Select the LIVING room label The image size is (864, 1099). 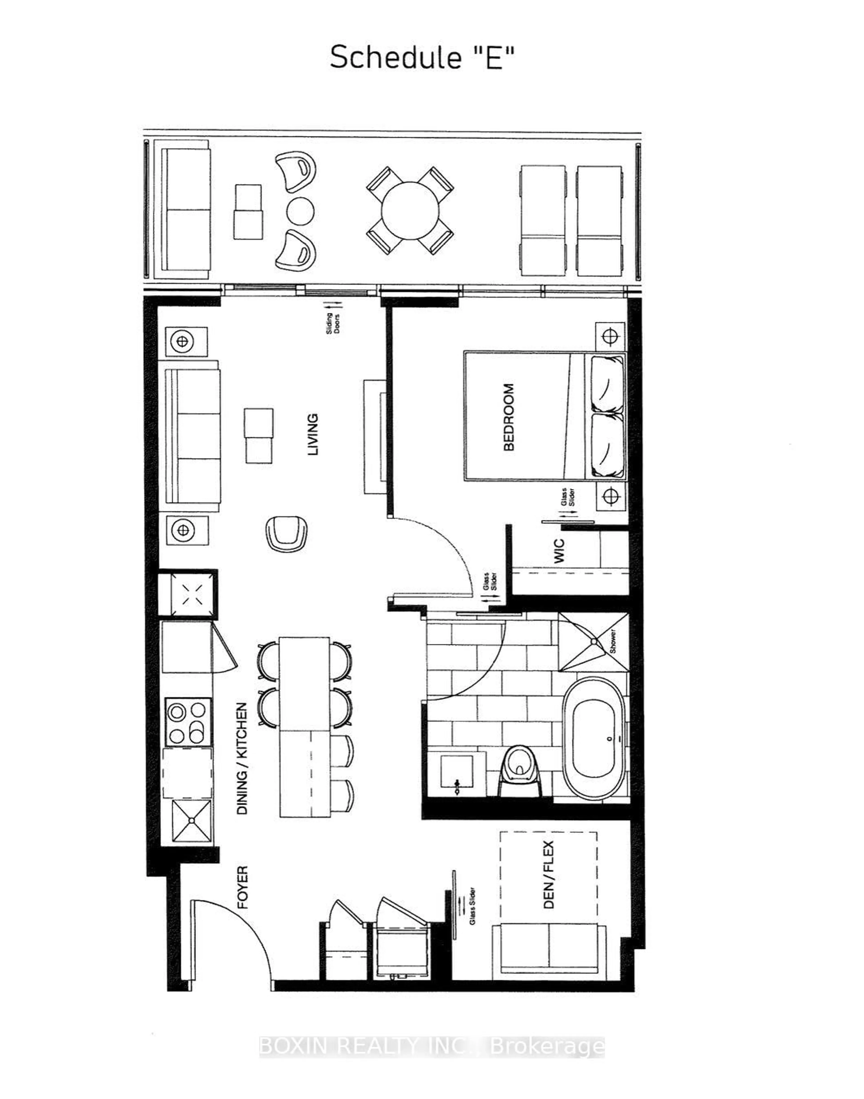pos(313,434)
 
